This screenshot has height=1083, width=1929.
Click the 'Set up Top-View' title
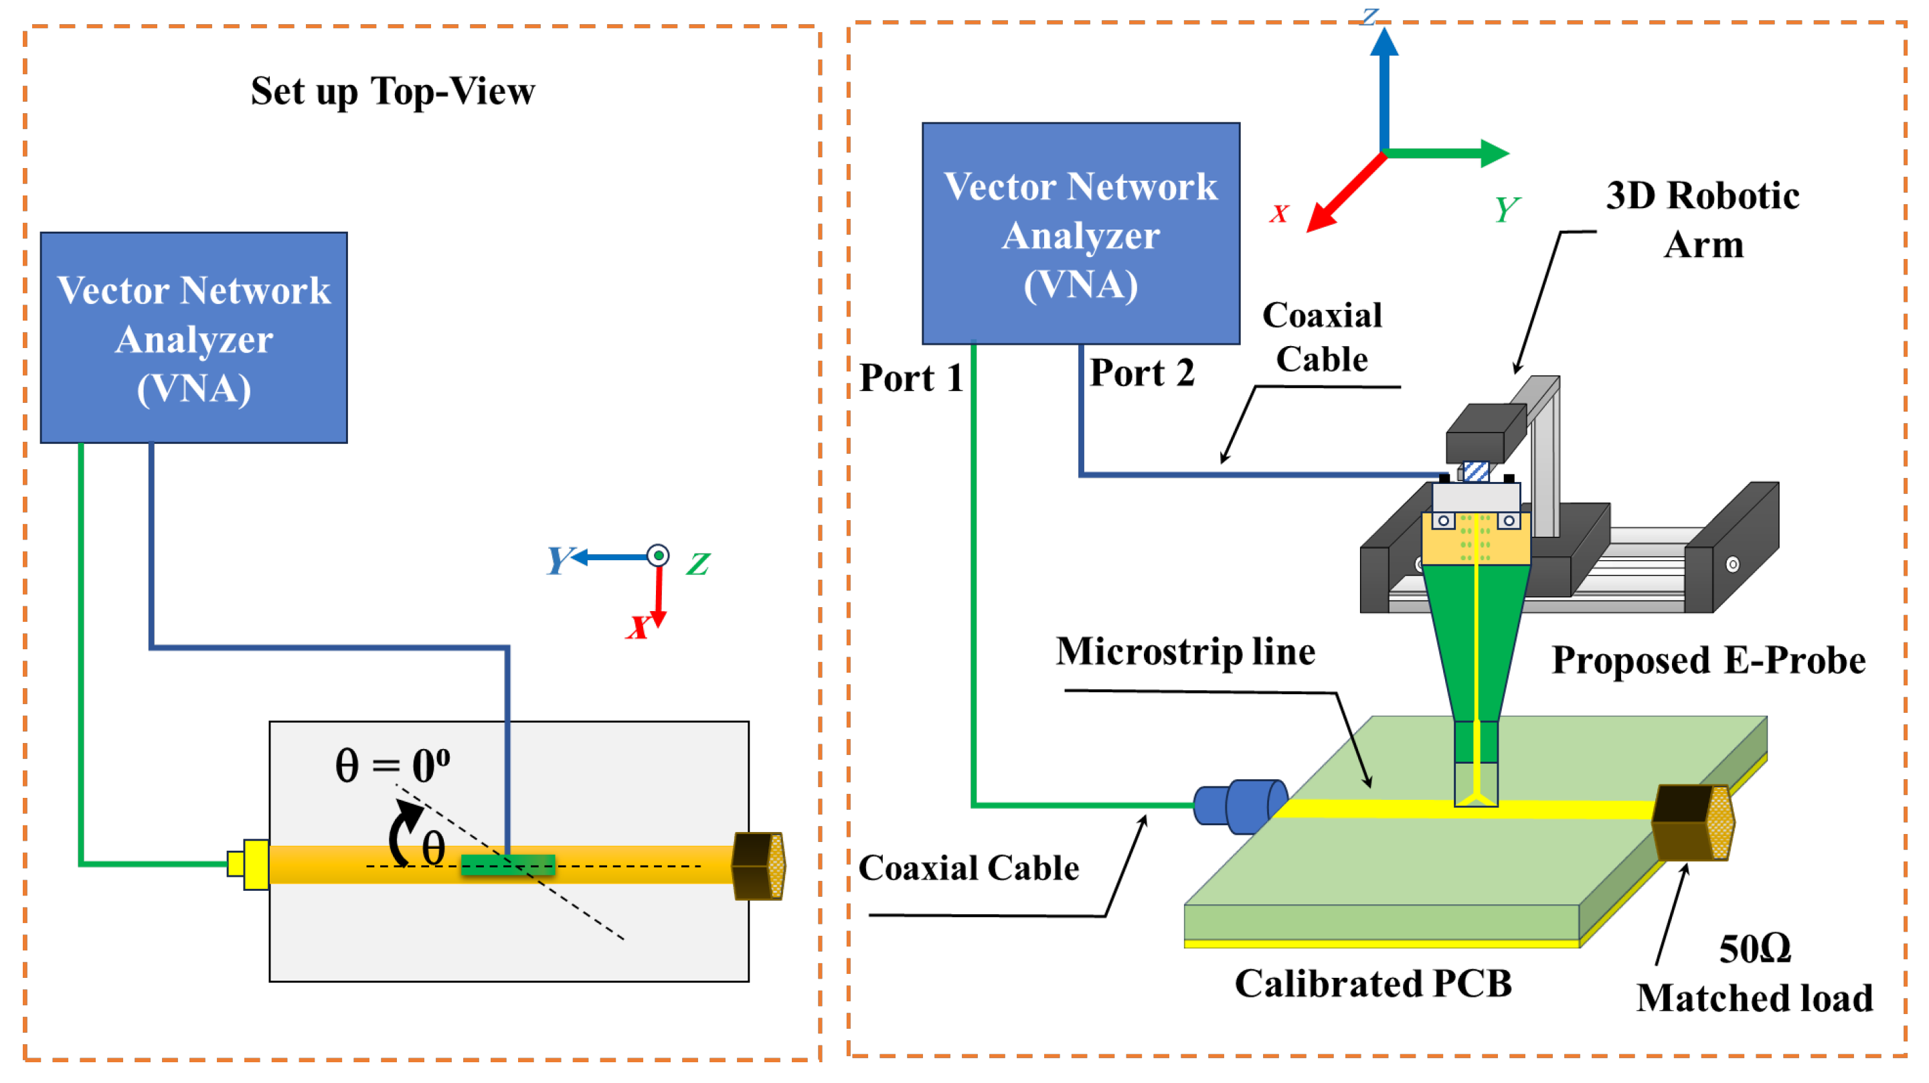click(x=392, y=92)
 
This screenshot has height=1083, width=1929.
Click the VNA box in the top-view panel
click(x=193, y=338)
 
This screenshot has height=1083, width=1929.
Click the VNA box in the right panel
click(x=1080, y=234)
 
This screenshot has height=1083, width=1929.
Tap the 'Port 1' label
click(x=910, y=378)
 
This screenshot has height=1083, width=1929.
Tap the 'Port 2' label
click(x=1141, y=373)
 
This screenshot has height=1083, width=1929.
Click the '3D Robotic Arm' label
click(x=1702, y=220)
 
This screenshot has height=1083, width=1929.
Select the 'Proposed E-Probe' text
click(x=1708, y=661)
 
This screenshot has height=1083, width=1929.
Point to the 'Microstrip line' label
click(x=1185, y=651)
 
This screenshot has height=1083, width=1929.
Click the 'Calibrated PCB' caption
click(x=1373, y=983)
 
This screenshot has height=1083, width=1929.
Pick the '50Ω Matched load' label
click(x=1754, y=974)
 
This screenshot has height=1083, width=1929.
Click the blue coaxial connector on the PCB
click(x=1240, y=806)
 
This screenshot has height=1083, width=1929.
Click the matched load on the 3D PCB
click(x=1692, y=823)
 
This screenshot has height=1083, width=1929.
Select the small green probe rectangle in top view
click(x=508, y=865)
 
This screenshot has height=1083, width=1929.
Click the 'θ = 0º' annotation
click(x=392, y=766)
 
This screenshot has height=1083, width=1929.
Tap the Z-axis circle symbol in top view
click(x=657, y=556)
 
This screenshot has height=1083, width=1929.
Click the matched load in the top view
click(x=758, y=866)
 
